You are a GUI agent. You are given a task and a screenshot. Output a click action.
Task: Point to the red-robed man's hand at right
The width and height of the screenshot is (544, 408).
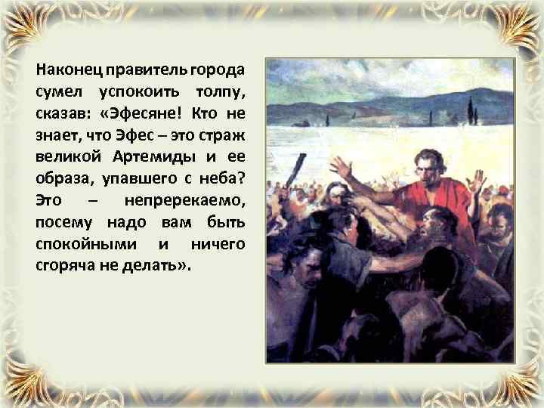pos(477,181)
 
